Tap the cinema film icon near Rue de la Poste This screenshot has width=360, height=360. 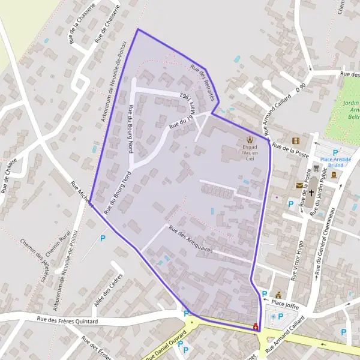[295, 140]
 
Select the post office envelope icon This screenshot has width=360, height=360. [299, 185]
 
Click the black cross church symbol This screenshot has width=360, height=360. [311, 193]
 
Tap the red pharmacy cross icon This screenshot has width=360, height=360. [256, 326]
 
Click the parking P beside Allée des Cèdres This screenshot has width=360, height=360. [102, 238]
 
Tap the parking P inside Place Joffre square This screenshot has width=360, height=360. [280, 316]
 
